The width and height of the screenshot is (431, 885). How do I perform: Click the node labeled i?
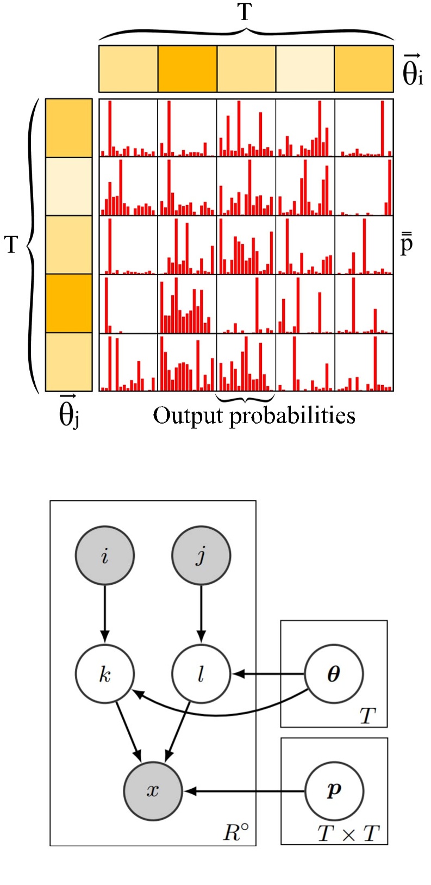(x=104, y=555)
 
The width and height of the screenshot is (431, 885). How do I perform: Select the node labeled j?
(x=201, y=555)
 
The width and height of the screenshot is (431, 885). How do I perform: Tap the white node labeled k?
(x=104, y=674)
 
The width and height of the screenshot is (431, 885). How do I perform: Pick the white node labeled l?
(x=201, y=674)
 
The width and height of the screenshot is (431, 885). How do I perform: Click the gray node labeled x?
(x=153, y=790)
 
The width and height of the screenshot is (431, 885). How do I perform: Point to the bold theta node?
(x=334, y=674)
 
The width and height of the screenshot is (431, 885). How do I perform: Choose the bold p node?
(x=334, y=790)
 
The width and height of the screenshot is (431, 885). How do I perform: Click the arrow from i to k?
(x=104, y=615)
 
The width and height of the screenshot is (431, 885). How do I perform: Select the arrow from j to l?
(x=201, y=615)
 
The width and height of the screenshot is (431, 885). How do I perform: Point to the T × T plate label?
(x=348, y=833)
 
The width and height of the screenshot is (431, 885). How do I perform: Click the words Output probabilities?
(x=254, y=416)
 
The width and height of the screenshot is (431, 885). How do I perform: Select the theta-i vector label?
(x=412, y=71)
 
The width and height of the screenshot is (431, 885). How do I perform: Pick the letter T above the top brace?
(x=245, y=12)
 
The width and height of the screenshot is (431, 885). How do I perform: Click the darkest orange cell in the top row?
(x=187, y=69)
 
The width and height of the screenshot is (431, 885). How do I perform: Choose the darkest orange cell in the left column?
(x=68, y=303)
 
